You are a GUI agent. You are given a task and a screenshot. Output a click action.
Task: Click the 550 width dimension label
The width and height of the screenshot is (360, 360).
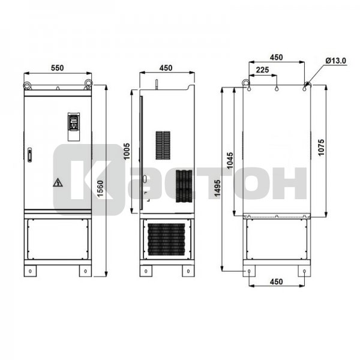[x=58, y=68]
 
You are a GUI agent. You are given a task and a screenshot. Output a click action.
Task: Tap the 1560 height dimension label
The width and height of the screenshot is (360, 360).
[x=100, y=189]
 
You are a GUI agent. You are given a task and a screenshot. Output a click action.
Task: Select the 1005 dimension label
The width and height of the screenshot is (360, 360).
[x=127, y=151]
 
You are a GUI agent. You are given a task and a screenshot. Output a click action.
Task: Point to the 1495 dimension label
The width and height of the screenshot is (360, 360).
[x=217, y=188]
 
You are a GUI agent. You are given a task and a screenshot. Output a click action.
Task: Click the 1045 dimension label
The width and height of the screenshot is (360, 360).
[x=230, y=160]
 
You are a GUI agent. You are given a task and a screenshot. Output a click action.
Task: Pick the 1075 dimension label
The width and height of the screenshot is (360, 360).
[x=322, y=148]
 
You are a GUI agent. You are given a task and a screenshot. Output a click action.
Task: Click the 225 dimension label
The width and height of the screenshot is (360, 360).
[x=262, y=70]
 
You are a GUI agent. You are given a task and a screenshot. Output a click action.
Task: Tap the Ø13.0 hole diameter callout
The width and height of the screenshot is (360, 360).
[x=335, y=61]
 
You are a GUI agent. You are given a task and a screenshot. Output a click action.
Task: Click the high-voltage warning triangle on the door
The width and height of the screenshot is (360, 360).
[x=58, y=182]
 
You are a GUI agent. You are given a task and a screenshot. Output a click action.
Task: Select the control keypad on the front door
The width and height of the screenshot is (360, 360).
[x=74, y=127]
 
